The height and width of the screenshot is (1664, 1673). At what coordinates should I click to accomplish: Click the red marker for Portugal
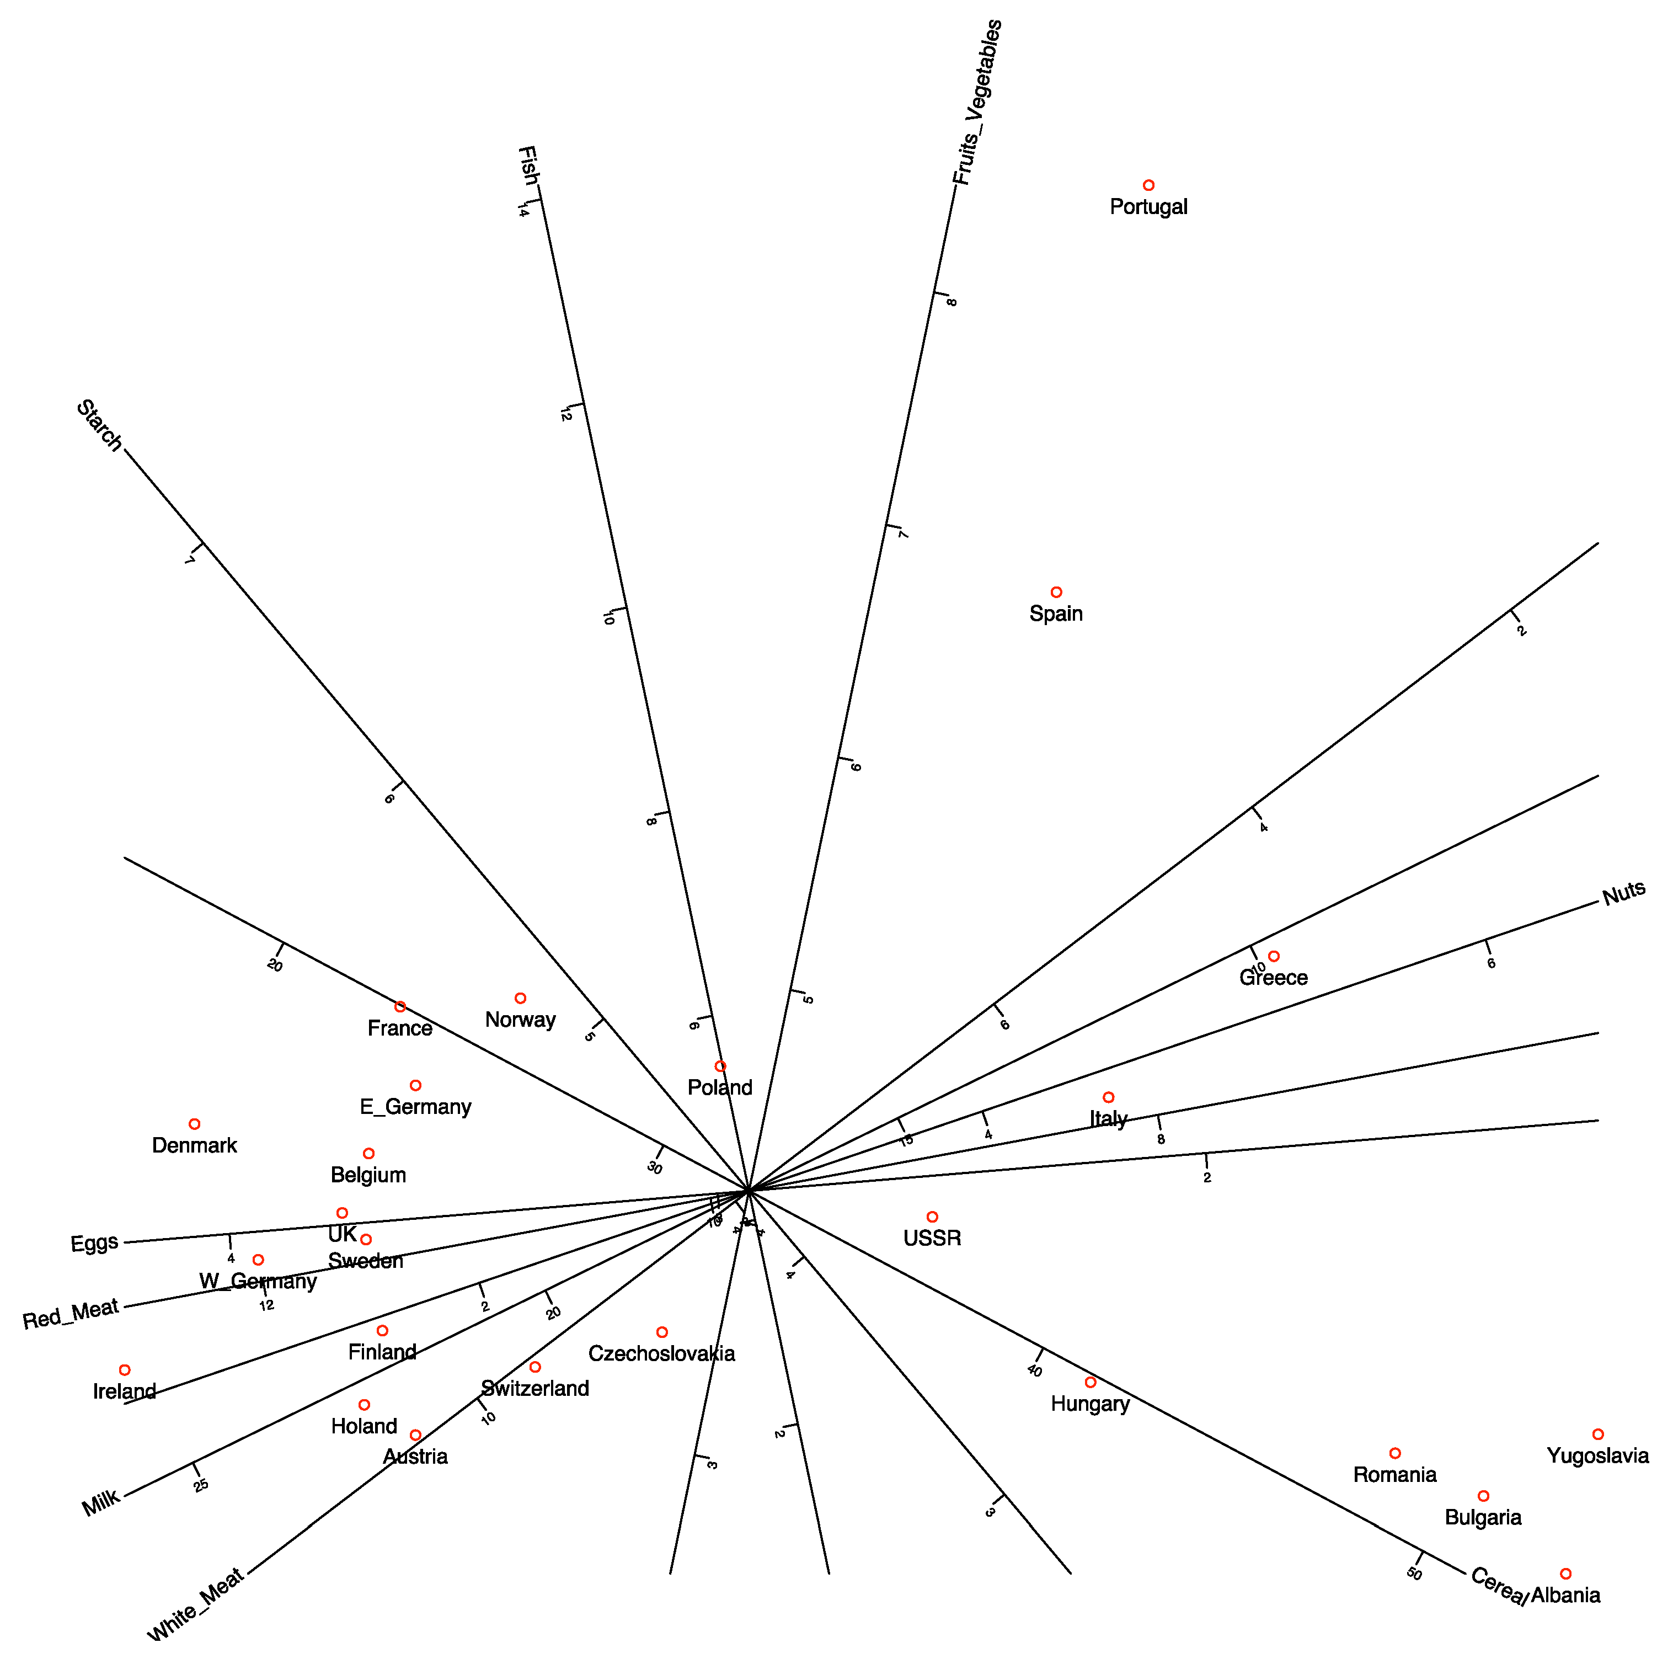1148,185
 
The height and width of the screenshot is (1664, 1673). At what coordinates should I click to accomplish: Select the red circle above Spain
1056,593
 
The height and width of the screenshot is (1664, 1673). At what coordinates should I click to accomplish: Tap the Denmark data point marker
194,1124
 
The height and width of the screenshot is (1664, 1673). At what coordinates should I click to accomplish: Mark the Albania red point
1565,1574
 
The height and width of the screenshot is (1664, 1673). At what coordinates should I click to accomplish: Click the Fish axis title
527,166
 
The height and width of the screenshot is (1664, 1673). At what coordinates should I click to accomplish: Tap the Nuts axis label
1624,894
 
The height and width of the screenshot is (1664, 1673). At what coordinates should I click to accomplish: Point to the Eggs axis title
94,1244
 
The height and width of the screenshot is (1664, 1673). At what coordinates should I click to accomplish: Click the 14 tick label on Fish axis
523,211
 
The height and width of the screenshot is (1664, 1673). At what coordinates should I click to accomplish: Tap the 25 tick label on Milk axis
201,1486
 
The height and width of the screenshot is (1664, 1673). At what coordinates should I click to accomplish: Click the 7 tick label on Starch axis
190,561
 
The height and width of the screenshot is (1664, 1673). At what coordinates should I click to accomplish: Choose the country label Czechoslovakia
661,1354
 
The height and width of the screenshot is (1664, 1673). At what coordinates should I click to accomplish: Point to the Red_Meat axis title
70,1314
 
